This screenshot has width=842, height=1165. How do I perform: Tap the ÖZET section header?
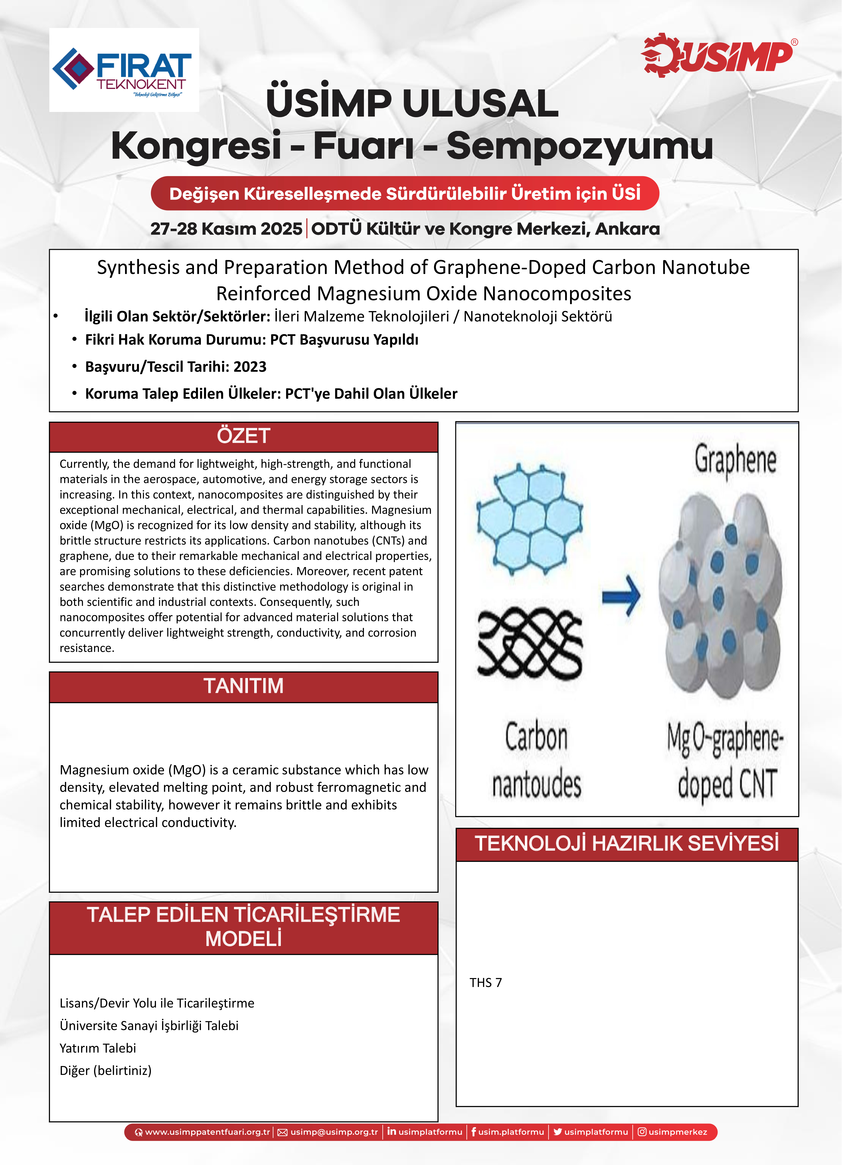(x=243, y=436)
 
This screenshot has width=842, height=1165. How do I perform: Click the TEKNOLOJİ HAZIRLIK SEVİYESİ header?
(x=627, y=843)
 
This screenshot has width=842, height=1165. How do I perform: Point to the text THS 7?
(x=485, y=983)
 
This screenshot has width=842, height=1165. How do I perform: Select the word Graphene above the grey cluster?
(x=735, y=460)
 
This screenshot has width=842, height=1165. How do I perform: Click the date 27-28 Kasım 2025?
(x=226, y=229)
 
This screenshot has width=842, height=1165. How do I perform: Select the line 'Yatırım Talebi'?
(x=98, y=1048)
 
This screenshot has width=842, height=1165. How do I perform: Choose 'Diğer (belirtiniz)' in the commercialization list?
(x=105, y=1070)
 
